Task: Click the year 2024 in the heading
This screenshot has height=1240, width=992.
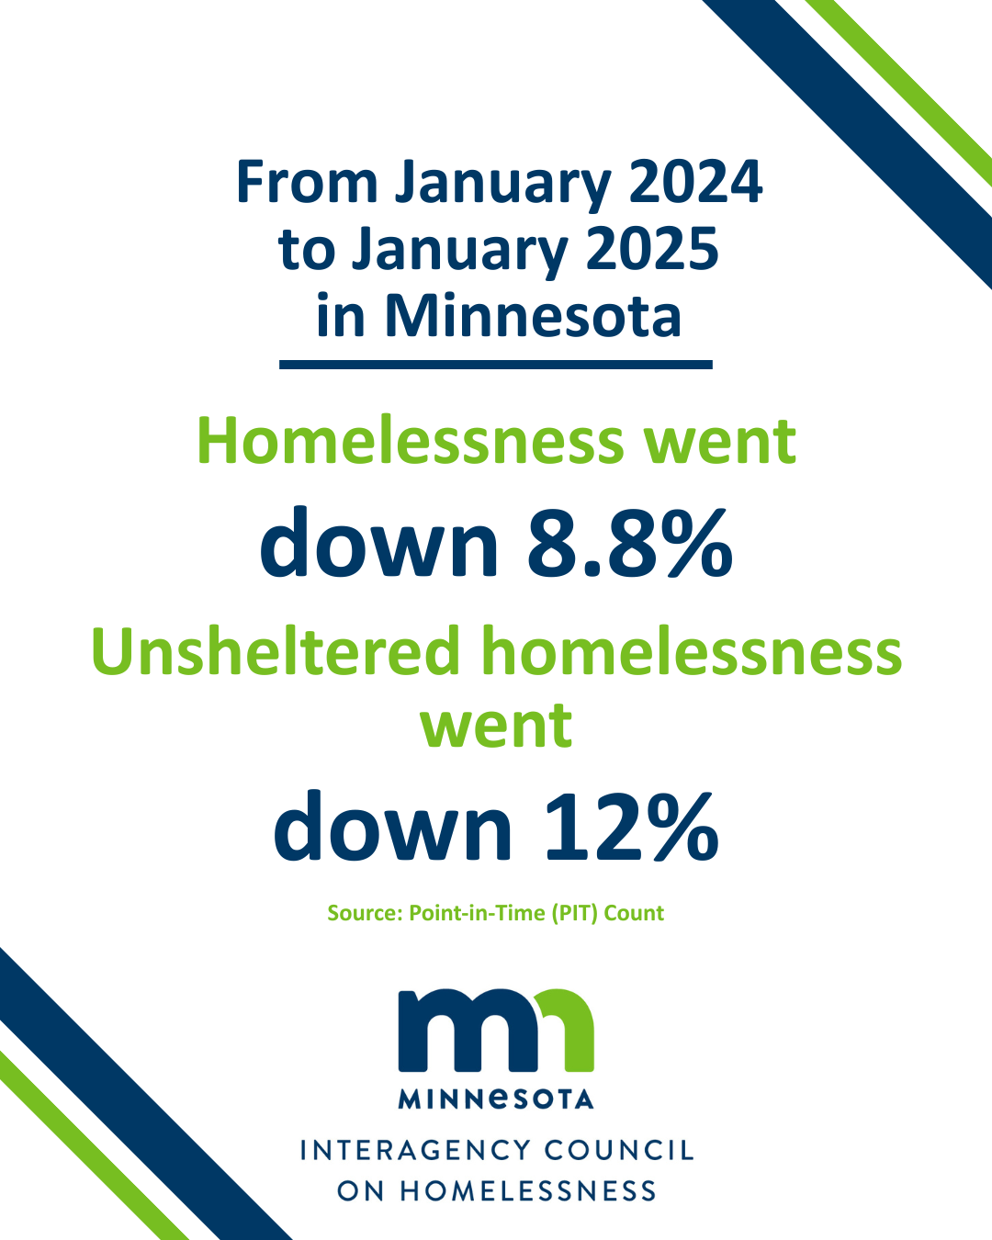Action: pos(695,182)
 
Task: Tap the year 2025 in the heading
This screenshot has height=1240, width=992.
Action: pos(652,249)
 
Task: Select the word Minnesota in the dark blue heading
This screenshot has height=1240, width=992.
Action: pos(533,316)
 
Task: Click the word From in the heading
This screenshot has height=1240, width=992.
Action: pos(307,182)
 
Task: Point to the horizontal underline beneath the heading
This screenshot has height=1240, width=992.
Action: pos(496,365)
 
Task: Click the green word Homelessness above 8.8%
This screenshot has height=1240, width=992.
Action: pos(411,441)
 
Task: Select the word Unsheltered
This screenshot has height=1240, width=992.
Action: pos(275,652)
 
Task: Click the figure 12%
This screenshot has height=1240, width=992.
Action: pos(631,826)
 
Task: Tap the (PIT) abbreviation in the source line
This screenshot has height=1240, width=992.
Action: pos(574,913)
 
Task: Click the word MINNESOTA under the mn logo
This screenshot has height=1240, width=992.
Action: pos(496,1099)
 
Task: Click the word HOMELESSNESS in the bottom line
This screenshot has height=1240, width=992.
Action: pos(528,1190)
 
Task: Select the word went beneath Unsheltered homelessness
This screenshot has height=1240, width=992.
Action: pos(496,726)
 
